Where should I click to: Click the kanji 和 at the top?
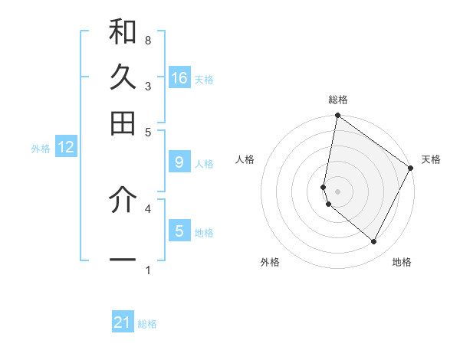[x=123, y=32]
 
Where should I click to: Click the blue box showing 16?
[x=179, y=78]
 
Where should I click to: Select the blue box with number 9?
[x=179, y=162]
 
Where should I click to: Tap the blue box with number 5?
[x=179, y=231]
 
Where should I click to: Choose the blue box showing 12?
[x=66, y=148]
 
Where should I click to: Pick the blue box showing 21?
[x=123, y=323]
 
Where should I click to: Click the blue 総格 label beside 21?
[x=147, y=324]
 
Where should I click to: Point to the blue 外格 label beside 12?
[x=40, y=149]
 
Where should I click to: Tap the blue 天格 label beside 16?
[x=204, y=79]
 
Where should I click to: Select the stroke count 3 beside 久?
[x=147, y=86]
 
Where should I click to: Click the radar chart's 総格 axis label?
[x=338, y=100]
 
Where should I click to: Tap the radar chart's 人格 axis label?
[x=245, y=159]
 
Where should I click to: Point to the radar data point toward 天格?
[x=411, y=169]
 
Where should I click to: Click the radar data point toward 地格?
[x=374, y=242]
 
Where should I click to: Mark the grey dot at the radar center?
[x=338, y=191]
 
